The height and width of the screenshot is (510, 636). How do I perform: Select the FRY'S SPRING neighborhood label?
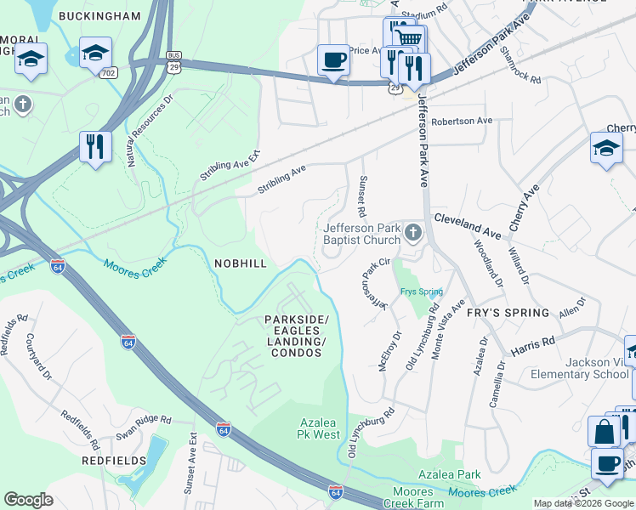point(508,312)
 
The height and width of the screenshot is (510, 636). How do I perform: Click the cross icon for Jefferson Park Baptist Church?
point(413,232)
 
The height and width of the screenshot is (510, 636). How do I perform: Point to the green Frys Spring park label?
point(421,292)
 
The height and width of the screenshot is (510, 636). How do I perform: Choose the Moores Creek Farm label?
point(432,498)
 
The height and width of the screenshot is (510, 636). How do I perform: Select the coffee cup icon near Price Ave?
point(333,60)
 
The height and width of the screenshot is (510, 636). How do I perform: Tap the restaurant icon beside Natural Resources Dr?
point(95,146)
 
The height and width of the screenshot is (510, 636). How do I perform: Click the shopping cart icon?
point(409,38)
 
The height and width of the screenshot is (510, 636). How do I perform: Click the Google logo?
point(29,499)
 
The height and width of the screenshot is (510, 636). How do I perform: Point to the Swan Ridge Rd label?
point(144,421)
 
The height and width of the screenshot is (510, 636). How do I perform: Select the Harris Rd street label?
point(532,345)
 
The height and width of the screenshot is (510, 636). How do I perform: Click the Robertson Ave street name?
point(462,121)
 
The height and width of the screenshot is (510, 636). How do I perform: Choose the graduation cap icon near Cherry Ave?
point(606,148)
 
